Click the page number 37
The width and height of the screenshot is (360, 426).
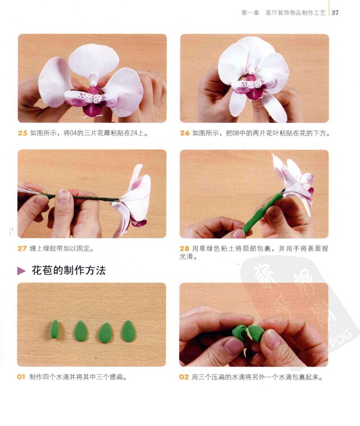point(335,13)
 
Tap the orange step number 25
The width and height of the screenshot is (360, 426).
point(23,133)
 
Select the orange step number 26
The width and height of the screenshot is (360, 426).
point(185,133)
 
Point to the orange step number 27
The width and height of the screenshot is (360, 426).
point(22,248)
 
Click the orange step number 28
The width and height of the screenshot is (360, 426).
point(185,248)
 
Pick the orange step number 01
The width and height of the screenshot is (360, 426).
point(21,377)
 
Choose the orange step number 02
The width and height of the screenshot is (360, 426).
point(184,377)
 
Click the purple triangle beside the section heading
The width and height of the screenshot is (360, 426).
point(22,271)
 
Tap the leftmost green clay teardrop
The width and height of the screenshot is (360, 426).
point(54,329)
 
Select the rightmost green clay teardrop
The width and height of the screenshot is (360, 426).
point(129,331)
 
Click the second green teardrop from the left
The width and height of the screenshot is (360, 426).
point(81,331)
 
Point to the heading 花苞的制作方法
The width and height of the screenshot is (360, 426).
point(69,271)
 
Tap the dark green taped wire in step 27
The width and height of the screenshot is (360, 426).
point(82,197)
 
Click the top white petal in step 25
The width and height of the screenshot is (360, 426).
point(93,60)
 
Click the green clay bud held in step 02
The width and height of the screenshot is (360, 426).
point(248,333)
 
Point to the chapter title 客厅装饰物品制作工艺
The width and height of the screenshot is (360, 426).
point(295,13)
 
